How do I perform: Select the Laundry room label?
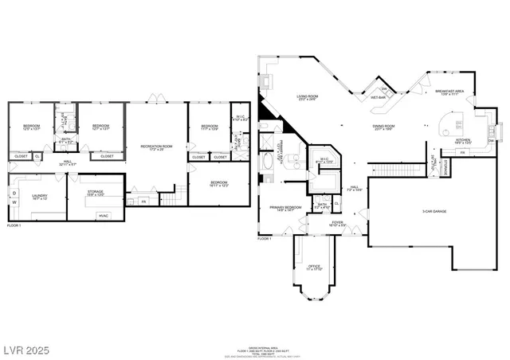39,197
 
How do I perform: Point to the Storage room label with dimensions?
96,194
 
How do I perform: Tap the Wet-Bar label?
379,97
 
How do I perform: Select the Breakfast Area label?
449,92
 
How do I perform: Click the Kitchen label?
463,141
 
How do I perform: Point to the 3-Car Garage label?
411,211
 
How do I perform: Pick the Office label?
314,266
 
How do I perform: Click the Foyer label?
338,224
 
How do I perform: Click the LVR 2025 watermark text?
26,349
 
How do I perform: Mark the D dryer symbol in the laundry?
14,192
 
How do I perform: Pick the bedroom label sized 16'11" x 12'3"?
219,184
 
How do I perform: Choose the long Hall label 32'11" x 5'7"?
68,162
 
